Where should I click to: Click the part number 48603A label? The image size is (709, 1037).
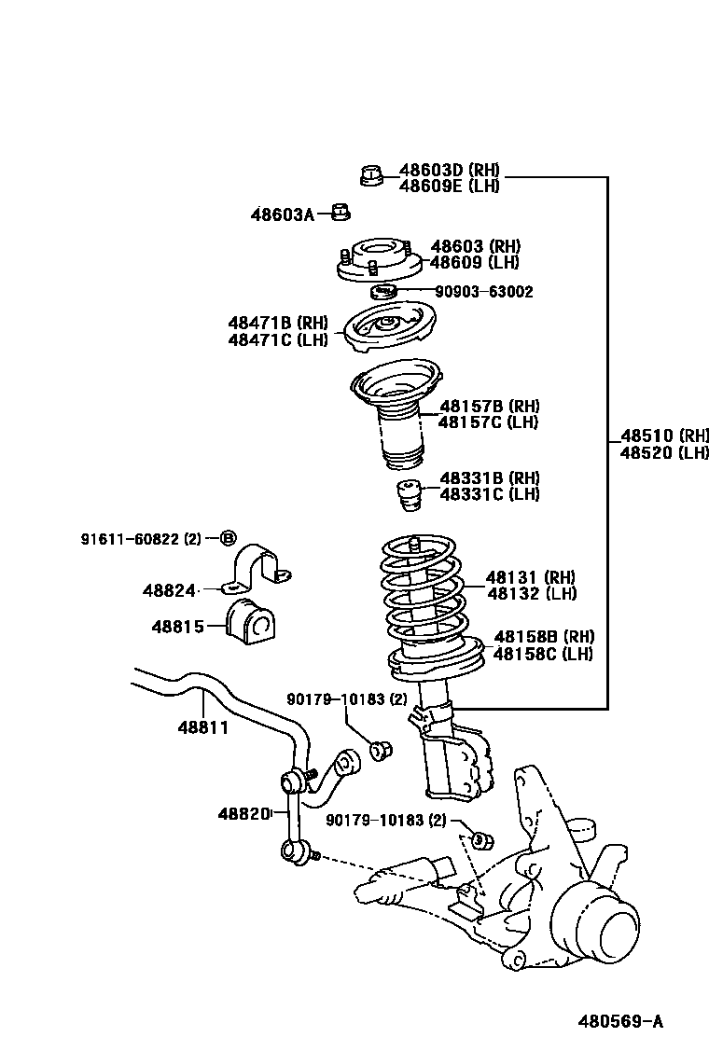pos(282,214)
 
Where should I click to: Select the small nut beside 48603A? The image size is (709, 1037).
pos(341,214)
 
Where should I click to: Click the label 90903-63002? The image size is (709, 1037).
pos(485,292)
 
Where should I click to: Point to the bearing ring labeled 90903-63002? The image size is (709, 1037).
pos(384,293)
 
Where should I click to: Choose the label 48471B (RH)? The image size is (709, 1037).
pos(278,323)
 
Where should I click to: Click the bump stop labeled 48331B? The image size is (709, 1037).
pos(407,495)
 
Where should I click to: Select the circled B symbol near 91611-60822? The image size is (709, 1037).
pos(228,538)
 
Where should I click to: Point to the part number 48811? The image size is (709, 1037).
pos(204,726)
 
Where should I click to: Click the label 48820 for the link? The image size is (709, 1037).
pos(243,813)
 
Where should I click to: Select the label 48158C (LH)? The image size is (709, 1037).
pos(543,653)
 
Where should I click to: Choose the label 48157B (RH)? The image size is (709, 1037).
pos(489,407)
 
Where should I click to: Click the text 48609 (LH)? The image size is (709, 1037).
pos(474,262)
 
